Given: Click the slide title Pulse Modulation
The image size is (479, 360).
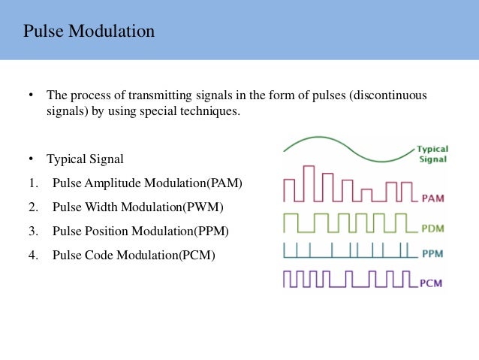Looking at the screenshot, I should click(x=89, y=32).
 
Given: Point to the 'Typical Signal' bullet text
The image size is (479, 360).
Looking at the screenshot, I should click(x=85, y=159).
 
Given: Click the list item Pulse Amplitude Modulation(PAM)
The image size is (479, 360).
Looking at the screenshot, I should click(x=148, y=183).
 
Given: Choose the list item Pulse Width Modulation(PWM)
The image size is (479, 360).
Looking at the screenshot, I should click(x=138, y=207).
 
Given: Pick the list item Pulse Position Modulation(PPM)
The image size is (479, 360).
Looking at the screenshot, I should click(x=140, y=231).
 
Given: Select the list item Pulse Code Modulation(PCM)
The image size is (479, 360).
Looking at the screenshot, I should click(x=134, y=255).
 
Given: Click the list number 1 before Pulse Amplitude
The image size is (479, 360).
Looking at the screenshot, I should click(x=32, y=183).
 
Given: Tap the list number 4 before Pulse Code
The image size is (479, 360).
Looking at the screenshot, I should click(x=32, y=255).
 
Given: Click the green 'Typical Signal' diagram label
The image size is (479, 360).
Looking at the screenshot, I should click(x=432, y=154).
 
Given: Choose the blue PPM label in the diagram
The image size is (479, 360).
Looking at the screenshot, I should click(x=433, y=253).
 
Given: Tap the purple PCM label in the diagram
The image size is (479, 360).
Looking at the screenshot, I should click(x=431, y=283).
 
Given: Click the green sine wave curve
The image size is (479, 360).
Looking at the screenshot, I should click(x=345, y=145).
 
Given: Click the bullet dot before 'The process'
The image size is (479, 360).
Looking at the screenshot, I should click(x=32, y=96).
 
